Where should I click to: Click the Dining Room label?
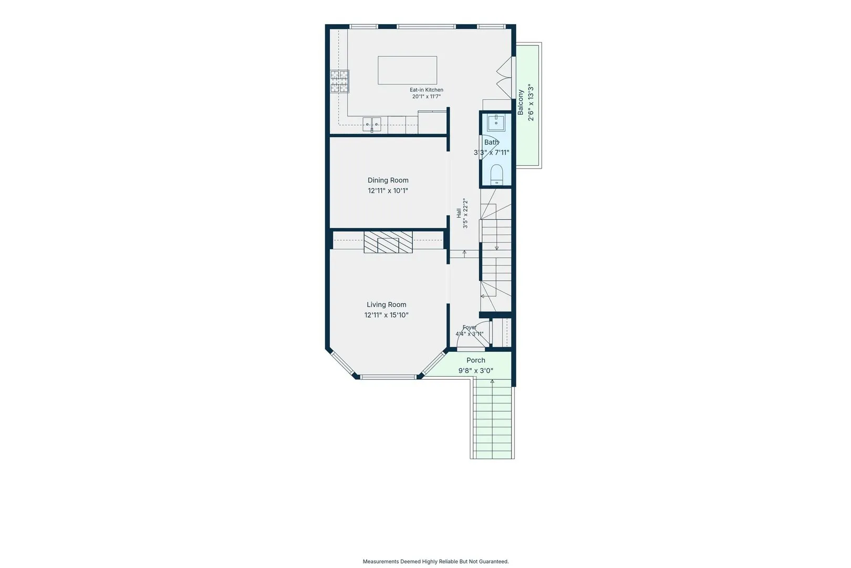tap(388, 180)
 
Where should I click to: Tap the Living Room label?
tap(387, 305)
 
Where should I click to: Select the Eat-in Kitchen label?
tap(426, 90)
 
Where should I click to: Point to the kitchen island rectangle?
tap(407, 70)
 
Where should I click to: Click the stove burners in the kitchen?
tap(339, 82)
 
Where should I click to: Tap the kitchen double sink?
tap(371, 125)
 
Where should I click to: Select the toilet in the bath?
tap(496, 175)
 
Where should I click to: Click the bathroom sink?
tap(496, 123)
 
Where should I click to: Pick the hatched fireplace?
tap(388, 242)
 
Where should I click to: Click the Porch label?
tap(475, 360)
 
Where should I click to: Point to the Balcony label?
tap(521, 103)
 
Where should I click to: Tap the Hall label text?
tap(459, 213)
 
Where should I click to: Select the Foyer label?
tap(469, 327)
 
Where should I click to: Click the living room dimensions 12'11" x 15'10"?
tap(387, 315)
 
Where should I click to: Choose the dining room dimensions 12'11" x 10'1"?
tap(388, 190)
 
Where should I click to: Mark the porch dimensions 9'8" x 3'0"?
tap(475, 371)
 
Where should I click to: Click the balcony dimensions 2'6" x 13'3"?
tap(531, 103)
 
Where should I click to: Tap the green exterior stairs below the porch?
tap(492, 419)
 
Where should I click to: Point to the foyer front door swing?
tap(473, 335)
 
